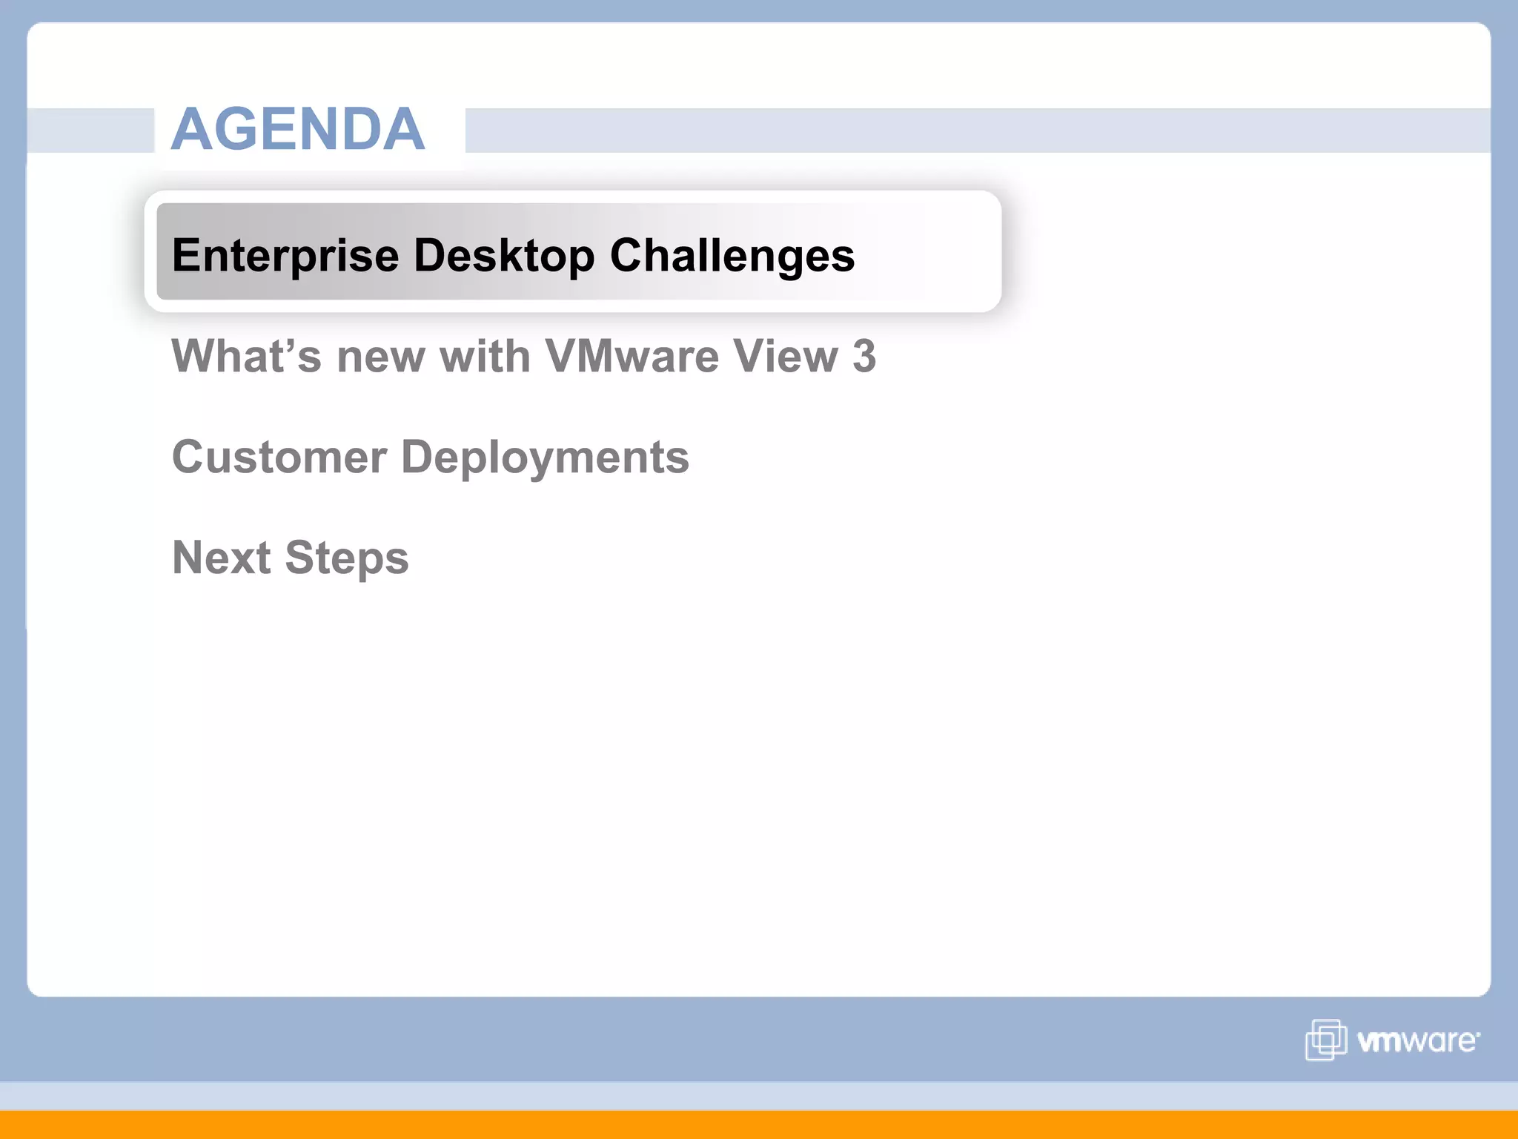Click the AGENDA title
coord(298,129)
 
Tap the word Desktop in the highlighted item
coord(504,256)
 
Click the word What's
coord(247,356)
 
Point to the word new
coord(381,357)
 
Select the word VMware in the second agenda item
coord(632,356)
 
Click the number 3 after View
coord(864,356)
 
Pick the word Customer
coord(279,457)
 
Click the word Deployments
coord(545,458)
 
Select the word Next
coord(222,558)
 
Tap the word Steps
coord(347,559)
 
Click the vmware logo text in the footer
coord(1417,1041)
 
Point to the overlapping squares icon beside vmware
coord(1326,1040)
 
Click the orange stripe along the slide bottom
coord(759,1125)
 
